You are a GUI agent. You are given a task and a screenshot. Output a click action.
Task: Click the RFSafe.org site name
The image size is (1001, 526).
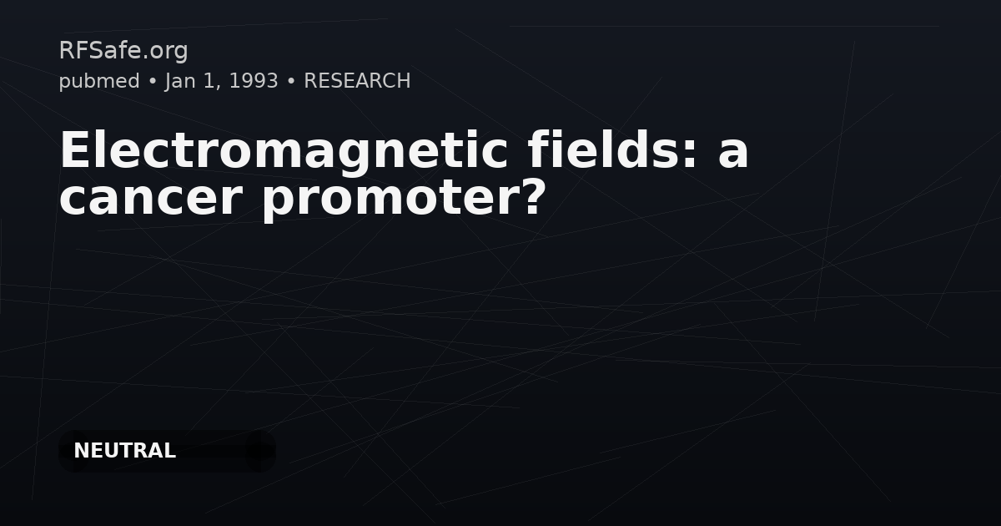(x=123, y=51)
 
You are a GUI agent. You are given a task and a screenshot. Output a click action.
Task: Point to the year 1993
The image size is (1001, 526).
(x=253, y=81)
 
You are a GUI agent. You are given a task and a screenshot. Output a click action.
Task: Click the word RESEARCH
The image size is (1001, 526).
(x=357, y=81)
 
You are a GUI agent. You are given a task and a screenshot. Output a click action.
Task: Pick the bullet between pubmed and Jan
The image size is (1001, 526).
(x=153, y=82)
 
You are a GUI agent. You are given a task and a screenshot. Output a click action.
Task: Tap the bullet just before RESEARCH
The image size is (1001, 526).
(x=290, y=82)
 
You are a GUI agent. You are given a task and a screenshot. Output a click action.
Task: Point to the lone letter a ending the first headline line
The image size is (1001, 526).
(x=733, y=154)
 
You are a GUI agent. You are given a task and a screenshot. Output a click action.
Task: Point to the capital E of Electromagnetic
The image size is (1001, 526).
(x=75, y=151)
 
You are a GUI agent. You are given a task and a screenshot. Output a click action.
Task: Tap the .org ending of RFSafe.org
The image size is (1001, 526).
(x=167, y=51)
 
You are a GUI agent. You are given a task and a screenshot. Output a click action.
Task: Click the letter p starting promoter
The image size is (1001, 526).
(x=279, y=202)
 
